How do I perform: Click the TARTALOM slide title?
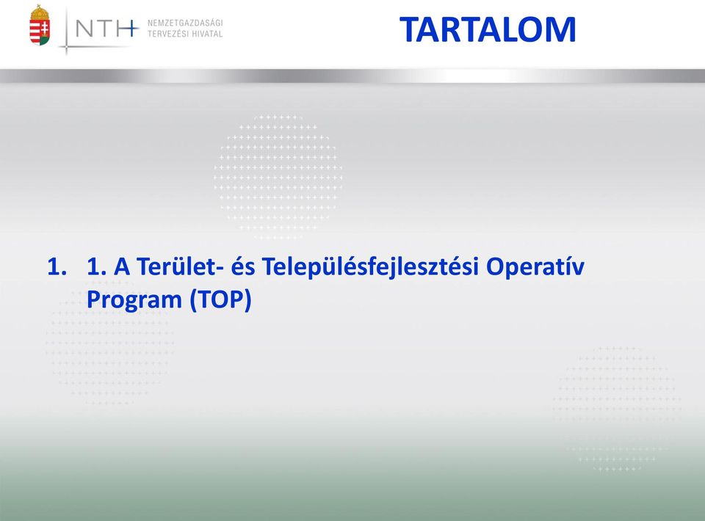[x=488, y=29]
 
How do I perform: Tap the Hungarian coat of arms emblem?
[x=40, y=25]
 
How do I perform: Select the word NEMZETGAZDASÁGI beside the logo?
[x=185, y=23]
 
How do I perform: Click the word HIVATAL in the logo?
[x=206, y=34]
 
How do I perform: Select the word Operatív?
[x=535, y=268]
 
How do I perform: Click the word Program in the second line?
[x=134, y=299]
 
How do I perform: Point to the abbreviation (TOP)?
[x=220, y=299]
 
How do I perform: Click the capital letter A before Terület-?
[x=122, y=266]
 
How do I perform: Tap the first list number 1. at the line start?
[x=57, y=266]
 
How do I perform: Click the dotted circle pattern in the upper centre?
[x=278, y=177]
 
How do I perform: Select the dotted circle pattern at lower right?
[x=617, y=409]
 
